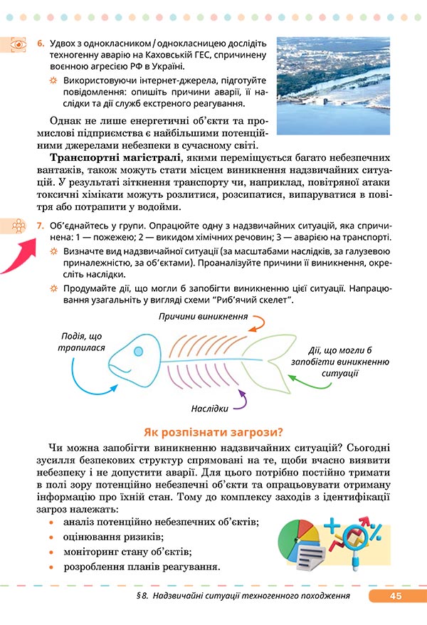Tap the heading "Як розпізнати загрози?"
(x=213, y=431)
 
